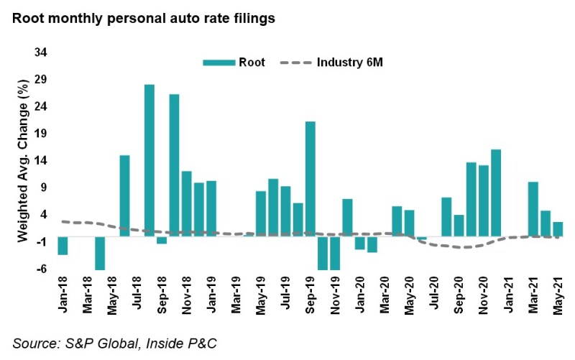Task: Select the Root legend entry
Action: (x=234, y=63)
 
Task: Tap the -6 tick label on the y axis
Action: (x=42, y=269)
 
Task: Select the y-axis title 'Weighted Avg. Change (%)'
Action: (x=23, y=161)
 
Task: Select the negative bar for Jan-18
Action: (x=63, y=245)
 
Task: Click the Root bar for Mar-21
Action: (x=533, y=208)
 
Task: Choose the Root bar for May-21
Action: (x=557, y=229)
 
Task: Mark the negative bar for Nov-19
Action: (x=335, y=252)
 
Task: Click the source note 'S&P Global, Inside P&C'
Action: (x=115, y=343)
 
